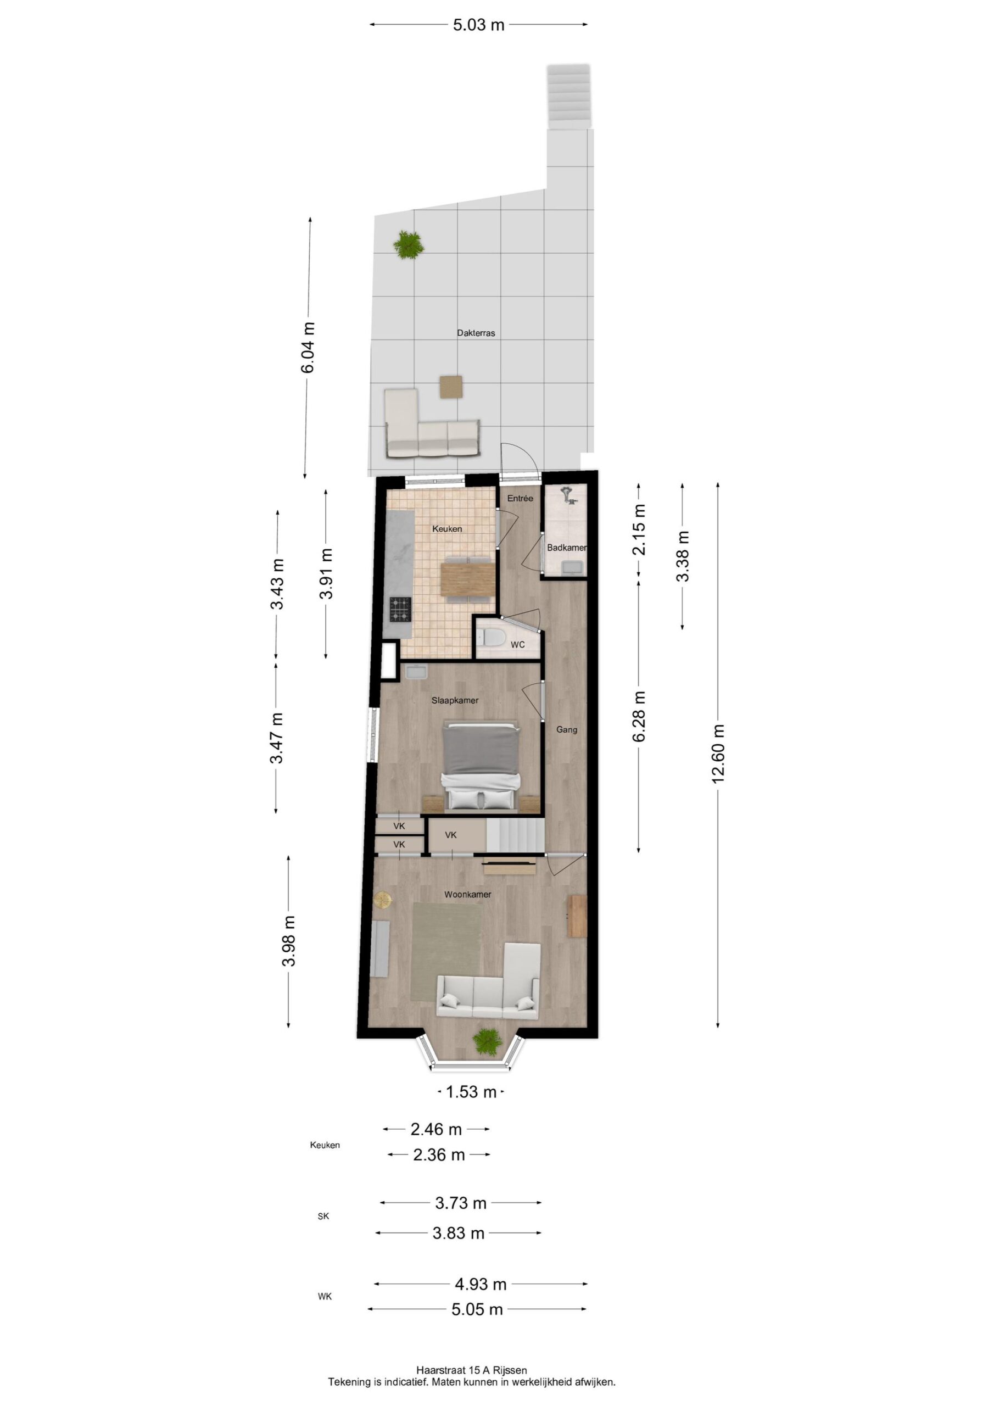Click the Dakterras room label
476,333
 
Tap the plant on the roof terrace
409,245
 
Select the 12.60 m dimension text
718,753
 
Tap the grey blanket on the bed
482,751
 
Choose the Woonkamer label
468,895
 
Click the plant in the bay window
488,1040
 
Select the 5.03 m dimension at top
478,25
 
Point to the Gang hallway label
567,730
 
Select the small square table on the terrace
451,387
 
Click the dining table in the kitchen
468,579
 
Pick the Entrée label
520,499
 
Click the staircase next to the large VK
515,836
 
